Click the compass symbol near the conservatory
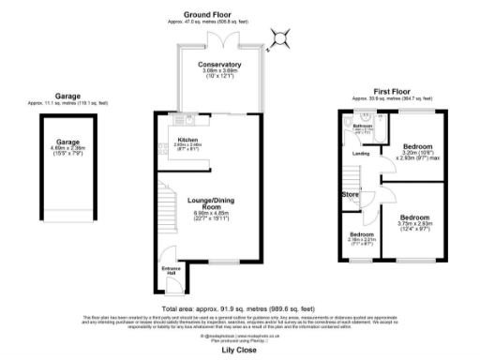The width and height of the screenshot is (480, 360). [x=278, y=38]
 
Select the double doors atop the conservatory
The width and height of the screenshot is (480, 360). [x=219, y=41]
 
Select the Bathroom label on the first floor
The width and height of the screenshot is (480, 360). [x=364, y=126]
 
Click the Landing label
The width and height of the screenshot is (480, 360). [x=360, y=156]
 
